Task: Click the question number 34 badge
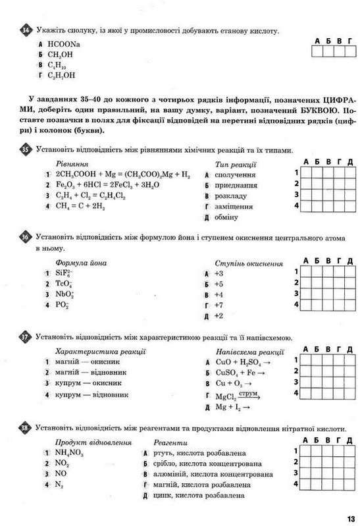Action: pyautogui.click(x=26, y=31)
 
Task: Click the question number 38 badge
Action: pyautogui.click(x=26, y=428)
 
